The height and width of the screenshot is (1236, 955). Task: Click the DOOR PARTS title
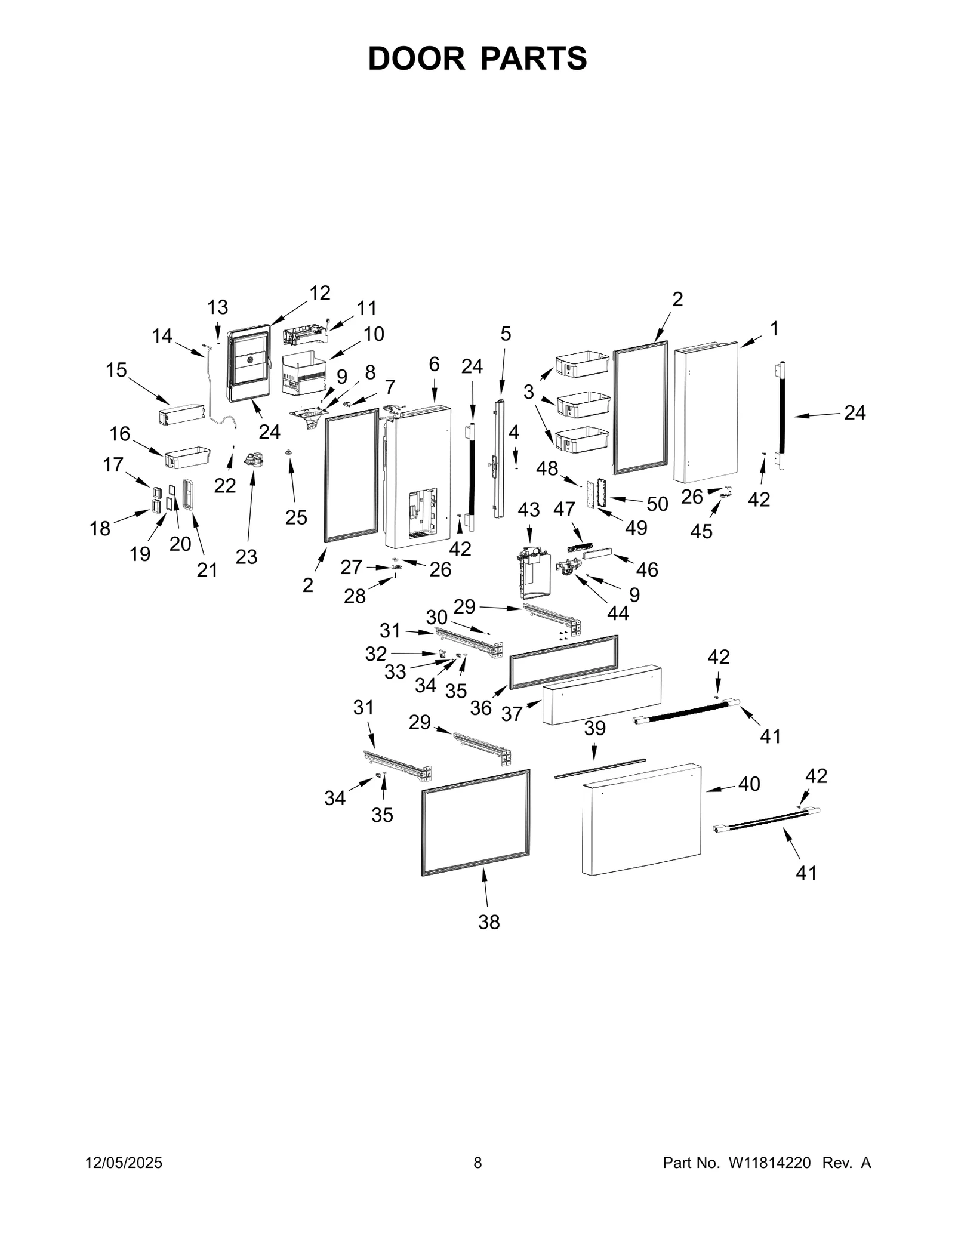pyautogui.click(x=477, y=58)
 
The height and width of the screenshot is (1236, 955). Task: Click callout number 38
pyautogui.click(x=488, y=922)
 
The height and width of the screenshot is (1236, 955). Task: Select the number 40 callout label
pyautogui.click(x=748, y=784)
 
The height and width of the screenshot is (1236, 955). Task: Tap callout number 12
pyautogui.click(x=320, y=293)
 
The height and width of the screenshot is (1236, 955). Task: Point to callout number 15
pyautogui.click(x=116, y=370)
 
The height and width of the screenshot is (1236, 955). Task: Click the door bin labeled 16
pyautogui.click(x=187, y=458)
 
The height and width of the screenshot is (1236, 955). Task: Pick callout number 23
pyautogui.click(x=246, y=557)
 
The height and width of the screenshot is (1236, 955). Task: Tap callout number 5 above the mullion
pyautogui.click(x=506, y=334)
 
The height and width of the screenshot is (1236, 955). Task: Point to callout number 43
pyautogui.click(x=528, y=510)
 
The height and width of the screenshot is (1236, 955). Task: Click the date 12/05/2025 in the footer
pyautogui.click(x=124, y=1163)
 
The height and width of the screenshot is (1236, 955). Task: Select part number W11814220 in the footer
pyautogui.click(x=769, y=1163)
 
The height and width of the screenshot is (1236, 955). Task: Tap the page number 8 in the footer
pyautogui.click(x=478, y=1163)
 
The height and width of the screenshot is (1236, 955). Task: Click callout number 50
pyautogui.click(x=657, y=504)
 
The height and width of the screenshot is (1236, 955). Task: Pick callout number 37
pyautogui.click(x=512, y=713)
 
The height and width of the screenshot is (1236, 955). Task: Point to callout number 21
pyautogui.click(x=207, y=570)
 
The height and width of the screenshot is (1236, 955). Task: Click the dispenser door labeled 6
pyautogui.click(x=418, y=477)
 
